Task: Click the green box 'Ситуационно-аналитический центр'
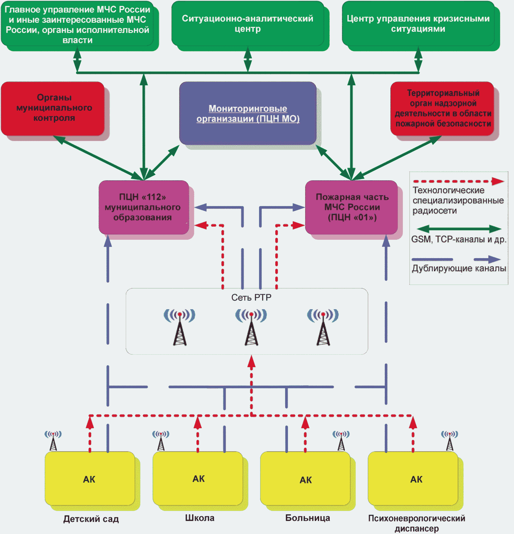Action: tap(248, 24)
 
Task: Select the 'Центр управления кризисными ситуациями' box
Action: tap(418, 24)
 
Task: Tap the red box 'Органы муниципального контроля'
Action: tap(53, 108)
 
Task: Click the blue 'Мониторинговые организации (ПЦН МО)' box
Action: tap(248, 113)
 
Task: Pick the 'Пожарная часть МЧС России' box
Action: tap(351, 207)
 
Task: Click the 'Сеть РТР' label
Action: tap(251, 298)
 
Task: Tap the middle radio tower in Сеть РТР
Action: tap(251, 327)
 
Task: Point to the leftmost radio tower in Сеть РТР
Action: tap(180, 327)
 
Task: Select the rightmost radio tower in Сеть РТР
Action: tap(323, 327)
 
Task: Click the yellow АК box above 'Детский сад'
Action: tap(90, 479)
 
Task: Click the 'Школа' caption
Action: tap(200, 518)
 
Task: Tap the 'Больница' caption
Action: tap(308, 518)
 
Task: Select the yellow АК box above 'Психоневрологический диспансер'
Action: tap(413, 479)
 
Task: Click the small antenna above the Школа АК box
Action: tap(161, 441)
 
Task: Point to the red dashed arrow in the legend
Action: tap(459, 181)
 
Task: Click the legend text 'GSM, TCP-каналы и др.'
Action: tap(459, 239)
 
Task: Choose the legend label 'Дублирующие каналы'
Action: tap(459, 268)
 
